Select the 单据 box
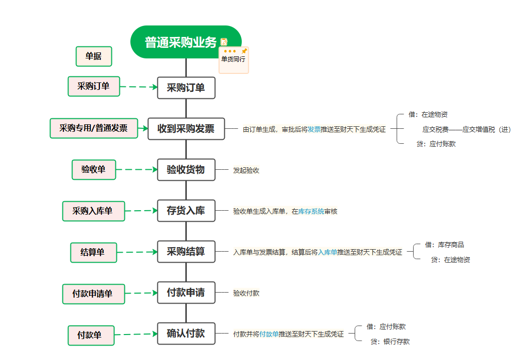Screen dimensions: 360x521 (93, 56)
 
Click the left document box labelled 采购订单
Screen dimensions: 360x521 (93, 86)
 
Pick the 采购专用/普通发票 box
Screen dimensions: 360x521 (93, 128)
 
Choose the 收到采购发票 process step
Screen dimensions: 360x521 (186, 129)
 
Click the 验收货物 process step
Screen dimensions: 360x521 (186, 170)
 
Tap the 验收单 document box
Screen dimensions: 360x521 (93, 170)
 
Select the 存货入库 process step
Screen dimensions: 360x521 (186, 211)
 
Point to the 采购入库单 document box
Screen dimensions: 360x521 (93, 211)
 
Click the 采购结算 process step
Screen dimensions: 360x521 (186, 252)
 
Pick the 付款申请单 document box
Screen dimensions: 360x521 (93, 294)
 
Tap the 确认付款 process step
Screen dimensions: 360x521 (186, 334)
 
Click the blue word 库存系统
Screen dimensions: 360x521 (311, 212)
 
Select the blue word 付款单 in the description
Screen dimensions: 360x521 (269, 334)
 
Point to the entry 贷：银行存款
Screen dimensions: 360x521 (390, 342)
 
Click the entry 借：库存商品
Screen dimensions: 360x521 (444, 245)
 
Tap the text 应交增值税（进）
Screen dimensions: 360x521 (487, 129)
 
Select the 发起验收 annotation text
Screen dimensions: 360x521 (246, 170)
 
